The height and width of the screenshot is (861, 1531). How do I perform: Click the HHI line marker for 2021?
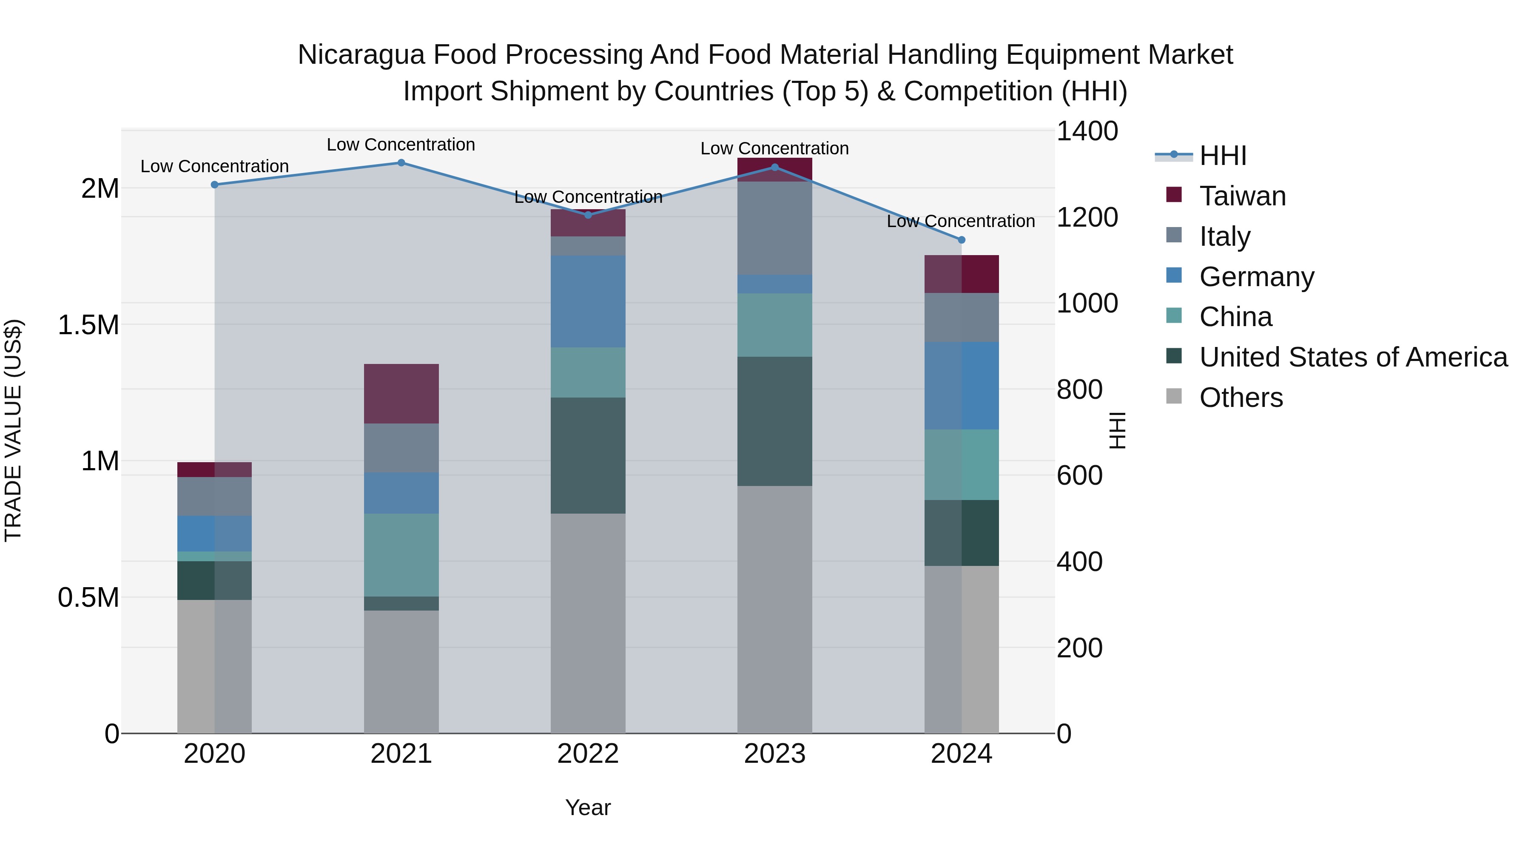(x=401, y=163)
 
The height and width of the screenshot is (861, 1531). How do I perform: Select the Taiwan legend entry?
(x=1242, y=196)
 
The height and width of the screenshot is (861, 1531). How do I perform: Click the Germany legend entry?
(x=1256, y=277)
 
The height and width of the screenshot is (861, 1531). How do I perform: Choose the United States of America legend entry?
(x=1353, y=358)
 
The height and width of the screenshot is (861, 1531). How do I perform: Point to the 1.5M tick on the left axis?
(x=88, y=325)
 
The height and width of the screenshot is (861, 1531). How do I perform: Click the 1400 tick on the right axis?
(x=1087, y=131)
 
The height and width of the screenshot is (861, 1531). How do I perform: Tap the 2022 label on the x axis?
(x=588, y=754)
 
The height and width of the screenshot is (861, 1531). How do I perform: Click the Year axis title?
(x=588, y=807)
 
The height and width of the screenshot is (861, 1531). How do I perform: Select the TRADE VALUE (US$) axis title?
(x=13, y=430)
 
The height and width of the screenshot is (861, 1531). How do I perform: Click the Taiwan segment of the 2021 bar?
(x=401, y=393)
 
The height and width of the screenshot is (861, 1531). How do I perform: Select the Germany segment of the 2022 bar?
(x=588, y=301)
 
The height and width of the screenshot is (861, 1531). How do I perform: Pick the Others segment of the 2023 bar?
(x=774, y=609)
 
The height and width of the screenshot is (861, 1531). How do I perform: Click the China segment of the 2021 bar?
(x=401, y=554)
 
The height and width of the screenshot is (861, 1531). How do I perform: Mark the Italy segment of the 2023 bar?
(x=774, y=228)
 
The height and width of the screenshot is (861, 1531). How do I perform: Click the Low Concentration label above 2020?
(x=215, y=166)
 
